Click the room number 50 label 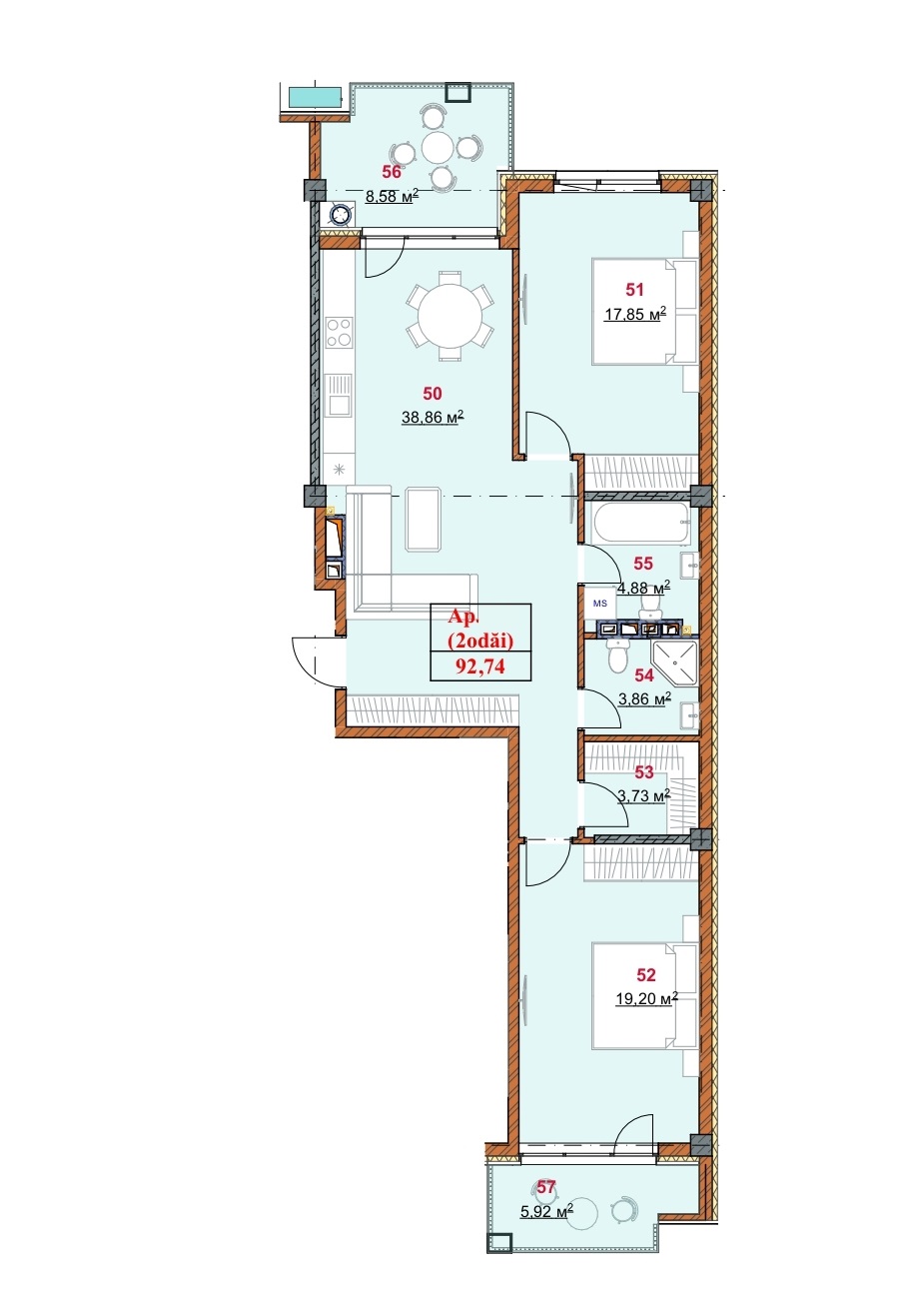pyautogui.click(x=433, y=394)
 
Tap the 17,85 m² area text pyautogui.click(x=635, y=315)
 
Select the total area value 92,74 pyautogui.click(x=480, y=666)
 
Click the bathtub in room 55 pyautogui.click(x=642, y=524)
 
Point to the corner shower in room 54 pyautogui.click(x=674, y=662)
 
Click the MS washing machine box pyautogui.click(x=599, y=604)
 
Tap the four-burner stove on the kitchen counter pyautogui.click(x=339, y=332)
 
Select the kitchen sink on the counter pyautogui.click(x=339, y=396)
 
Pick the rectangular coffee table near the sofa pyautogui.click(x=424, y=519)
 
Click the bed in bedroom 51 pyautogui.click(x=643, y=312)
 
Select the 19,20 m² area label pyautogui.click(x=646, y=999)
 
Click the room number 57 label pyautogui.click(x=545, y=1187)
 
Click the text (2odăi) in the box pyautogui.click(x=480, y=642)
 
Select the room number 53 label pyautogui.click(x=643, y=772)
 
